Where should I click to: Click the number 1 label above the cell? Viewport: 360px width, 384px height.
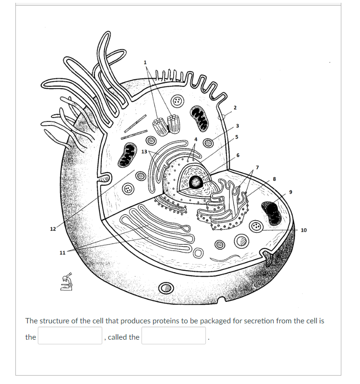pos(145,62)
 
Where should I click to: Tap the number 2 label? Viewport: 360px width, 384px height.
pos(235,108)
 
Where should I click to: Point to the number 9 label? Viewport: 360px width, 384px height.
pos(290,193)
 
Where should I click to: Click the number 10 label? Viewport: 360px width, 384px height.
pos(304,230)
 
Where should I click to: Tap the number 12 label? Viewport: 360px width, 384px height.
pos(53,229)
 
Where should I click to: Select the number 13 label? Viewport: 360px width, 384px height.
pos(144,152)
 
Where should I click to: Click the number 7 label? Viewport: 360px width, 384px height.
pos(256,167)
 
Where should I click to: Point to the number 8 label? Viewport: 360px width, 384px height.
pos(275,178)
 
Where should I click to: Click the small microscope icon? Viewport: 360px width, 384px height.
pos(67,282)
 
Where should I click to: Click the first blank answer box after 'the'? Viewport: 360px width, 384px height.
pos(70,335)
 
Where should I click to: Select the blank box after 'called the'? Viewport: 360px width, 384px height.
pos(174,335)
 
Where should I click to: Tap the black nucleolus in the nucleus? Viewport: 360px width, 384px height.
pos(196,182)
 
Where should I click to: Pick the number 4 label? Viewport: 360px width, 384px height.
pos(196,140)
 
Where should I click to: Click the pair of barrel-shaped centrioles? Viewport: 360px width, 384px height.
pos(168,124)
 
